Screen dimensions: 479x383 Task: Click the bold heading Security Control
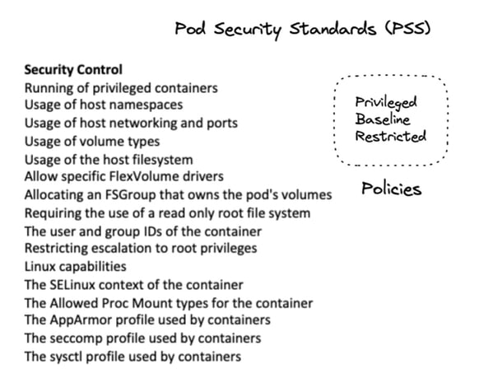(73, 70)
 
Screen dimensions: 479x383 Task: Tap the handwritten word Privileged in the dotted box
(386, 102)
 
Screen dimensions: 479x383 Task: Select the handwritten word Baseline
(382, 119)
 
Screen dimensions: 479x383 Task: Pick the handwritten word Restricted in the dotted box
(390, 136)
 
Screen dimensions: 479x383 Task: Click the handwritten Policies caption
(392, 189)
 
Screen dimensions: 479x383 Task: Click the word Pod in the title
(190, 29)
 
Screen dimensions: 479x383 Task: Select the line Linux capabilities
(75, 267)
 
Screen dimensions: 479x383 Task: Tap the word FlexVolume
(142, 176)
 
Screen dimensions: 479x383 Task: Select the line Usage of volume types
(92, 142)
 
